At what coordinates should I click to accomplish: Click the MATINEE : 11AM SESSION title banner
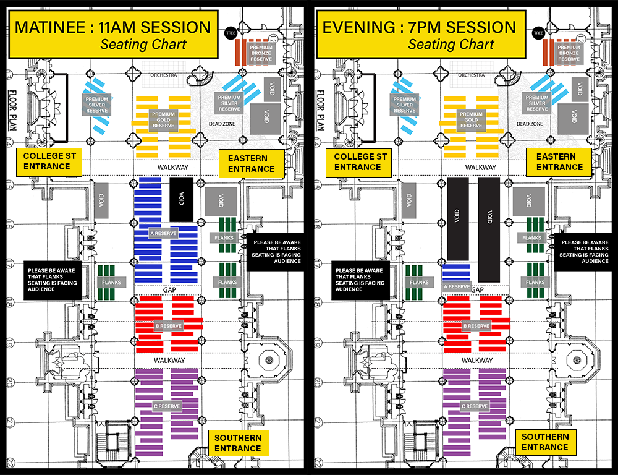click(112, 35)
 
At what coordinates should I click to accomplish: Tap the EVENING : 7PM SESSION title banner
click(420, 35)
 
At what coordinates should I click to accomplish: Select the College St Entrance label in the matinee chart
click(49, 161)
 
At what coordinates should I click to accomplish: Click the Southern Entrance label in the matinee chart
click(238, 443)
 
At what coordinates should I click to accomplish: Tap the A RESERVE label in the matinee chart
click(164, 233)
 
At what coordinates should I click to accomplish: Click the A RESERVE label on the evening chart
click(457, 286)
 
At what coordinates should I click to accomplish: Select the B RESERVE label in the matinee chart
click(167, 325)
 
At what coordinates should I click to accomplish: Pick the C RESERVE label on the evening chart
click(475, 406)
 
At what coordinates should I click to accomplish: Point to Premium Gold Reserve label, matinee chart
click(163, 119)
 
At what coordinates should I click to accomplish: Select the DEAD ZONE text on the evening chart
click(529, 124)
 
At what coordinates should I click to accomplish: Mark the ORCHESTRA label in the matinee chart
click(163, 75)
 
